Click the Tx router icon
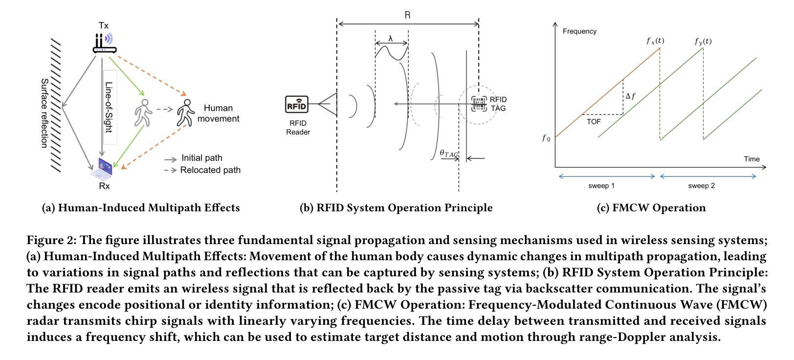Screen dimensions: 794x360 104,43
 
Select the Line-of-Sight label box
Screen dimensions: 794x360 110,107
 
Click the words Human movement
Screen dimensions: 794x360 218,113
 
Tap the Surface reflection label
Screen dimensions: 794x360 44,113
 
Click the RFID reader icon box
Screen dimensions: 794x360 297,105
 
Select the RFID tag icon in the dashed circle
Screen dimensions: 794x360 479,104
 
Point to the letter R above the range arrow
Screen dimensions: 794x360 408,15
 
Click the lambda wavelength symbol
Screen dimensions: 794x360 391,38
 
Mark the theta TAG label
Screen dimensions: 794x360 449,154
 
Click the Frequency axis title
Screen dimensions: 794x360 579,31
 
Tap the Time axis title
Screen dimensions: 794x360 751,159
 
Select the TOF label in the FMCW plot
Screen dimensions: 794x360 594,122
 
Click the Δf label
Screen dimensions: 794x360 631,96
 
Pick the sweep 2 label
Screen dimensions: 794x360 701,186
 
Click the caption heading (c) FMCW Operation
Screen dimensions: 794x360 651,208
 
